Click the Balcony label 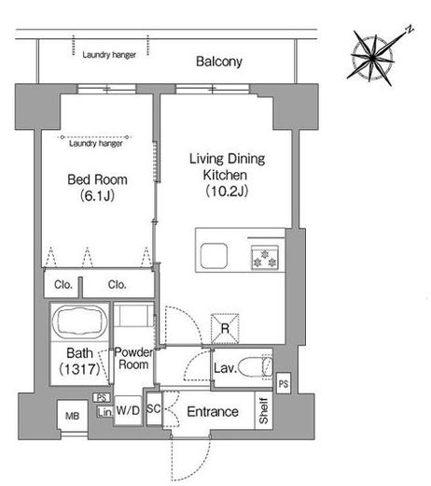(x=219, y=62)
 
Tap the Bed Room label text (x=97, y=179)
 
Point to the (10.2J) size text (x=227, y=191)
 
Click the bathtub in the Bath (x=79, y=322)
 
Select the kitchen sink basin (x=214, y=255)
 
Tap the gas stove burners (x=265, y=258)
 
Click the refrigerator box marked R (x=225, y=328)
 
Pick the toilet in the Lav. (x=255, y=366)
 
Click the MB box (x=72, y=416)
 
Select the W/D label (x=128, y=410)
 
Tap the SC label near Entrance (x=154, y=408)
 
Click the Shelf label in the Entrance (x=263, y=410)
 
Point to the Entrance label (x=213, y=411)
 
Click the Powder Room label (x=133, y=358)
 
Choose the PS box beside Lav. (x=284, y=383)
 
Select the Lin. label (x=105, y=412)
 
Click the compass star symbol (x=373, y=58)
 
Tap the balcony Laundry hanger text (x=109, y=55)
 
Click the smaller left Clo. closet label (x=63, y=284)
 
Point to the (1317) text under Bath (x=79, y=369)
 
